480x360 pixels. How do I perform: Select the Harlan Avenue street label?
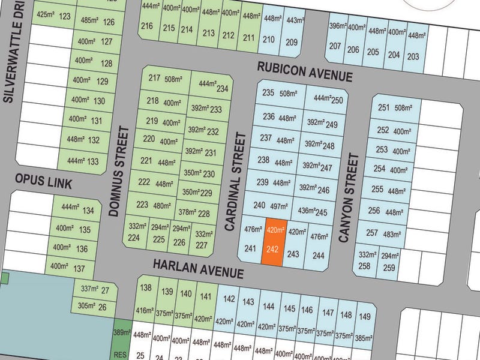(198, 268)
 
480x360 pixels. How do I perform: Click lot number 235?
(268, 93)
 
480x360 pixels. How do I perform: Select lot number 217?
(154, 79)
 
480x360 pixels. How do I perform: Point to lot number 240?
(259, 205)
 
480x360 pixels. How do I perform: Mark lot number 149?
(364, 316)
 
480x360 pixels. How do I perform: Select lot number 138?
(146, 289)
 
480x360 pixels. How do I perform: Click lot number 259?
(389, 268)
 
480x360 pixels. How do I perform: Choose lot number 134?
(88, 211)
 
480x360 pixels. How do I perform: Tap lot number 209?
(292, 42)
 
